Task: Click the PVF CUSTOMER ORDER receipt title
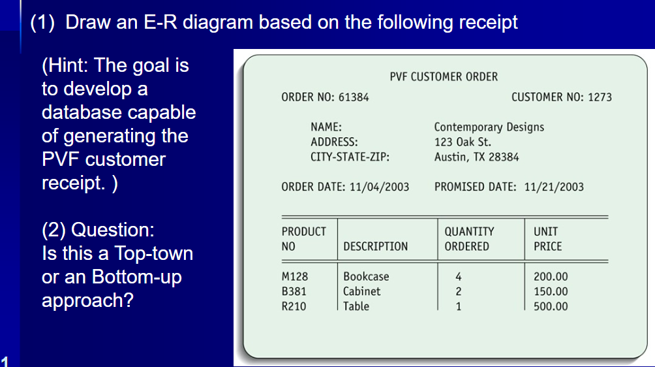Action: pos(444,77)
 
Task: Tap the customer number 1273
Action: pos(600,97)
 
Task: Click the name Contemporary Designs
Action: pos(489,127)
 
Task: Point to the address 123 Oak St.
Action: pos(463,142)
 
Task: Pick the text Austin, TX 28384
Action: pos(476,157)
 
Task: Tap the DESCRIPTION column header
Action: pos(375,246)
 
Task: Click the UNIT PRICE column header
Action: pos(547,239)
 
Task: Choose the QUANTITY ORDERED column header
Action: pos(469,239)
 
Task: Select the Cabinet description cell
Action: pos(361,291)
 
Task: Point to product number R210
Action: pos(293,306)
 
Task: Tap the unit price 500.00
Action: pos(551,306)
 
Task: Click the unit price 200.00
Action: pos(551,277)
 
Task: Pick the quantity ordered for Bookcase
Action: pos(459,277)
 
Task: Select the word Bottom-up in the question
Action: pos(137,277)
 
